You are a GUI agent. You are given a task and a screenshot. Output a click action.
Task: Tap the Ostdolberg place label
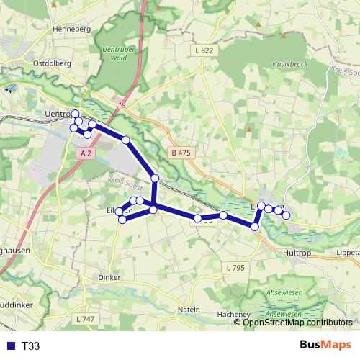point(53,63)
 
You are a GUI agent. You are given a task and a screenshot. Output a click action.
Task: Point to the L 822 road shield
point(204,50)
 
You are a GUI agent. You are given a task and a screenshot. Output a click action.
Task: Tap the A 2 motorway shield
point(86,153)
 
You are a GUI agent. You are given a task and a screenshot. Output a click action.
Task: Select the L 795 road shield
point(235,268)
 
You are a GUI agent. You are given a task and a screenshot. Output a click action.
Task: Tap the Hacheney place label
point(233,315)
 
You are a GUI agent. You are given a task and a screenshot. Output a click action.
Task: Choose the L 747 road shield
point(84,318)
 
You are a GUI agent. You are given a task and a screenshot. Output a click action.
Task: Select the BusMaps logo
point(325,346)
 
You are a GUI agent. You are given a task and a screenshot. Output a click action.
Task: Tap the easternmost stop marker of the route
point(286,215)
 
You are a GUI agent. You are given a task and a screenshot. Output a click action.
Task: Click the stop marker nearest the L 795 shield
point(255,227)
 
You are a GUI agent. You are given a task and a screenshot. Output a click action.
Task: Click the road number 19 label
point(122,106)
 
